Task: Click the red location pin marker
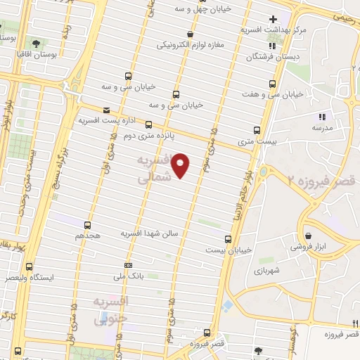click(x=181, y=165)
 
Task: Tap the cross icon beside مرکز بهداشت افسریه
click(x=292, y=18)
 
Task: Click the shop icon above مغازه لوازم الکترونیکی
click(x=190, y=34)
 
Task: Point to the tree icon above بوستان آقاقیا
click(x=35, y=44)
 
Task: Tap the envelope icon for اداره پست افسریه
click(x=106, y=110)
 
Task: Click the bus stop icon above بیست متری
click(x=257, y=130)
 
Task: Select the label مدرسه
click(x=322, y=127)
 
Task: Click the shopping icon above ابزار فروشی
click(x=308, y=236)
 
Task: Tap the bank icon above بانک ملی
click(x=128, y=265)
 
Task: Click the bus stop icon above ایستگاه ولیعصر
click(x=29, y=266)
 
